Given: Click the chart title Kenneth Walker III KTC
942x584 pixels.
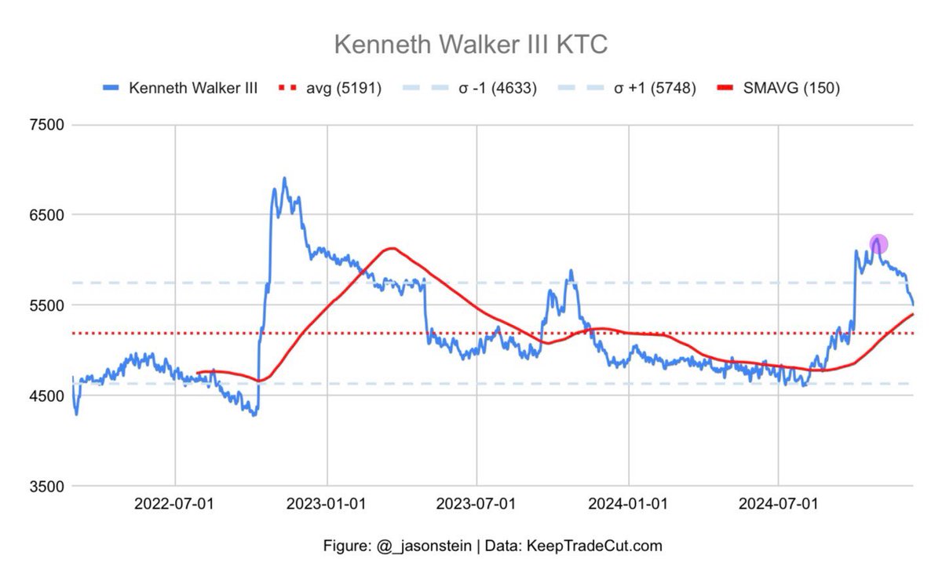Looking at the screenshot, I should coord(471,45).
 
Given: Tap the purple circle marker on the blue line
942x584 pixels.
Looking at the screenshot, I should coord(878,244).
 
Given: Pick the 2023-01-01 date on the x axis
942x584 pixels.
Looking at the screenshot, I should coord(327,504).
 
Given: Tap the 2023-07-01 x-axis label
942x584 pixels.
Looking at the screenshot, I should coord(476,504).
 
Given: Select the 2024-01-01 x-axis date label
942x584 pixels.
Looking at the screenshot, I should coord(629,504).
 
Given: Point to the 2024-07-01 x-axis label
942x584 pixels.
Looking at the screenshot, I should coord(779,504).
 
